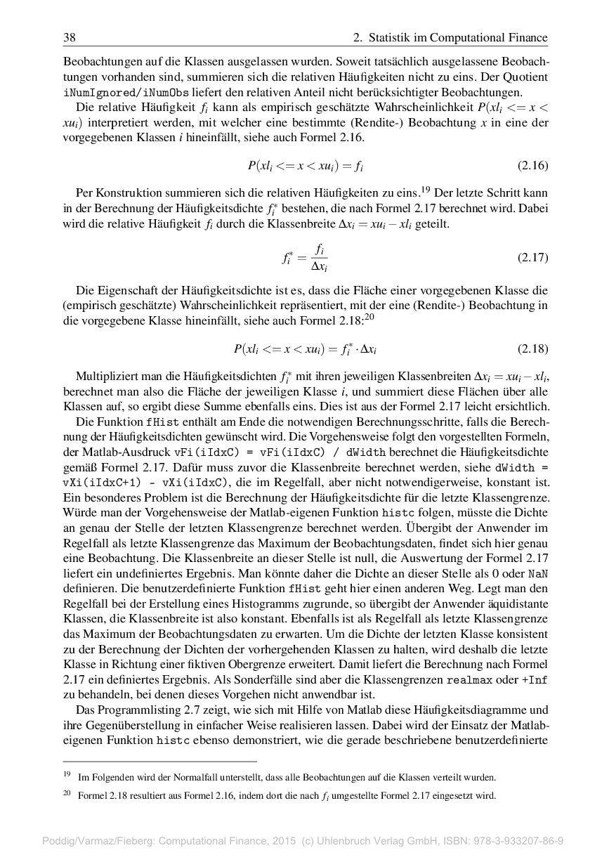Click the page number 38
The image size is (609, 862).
point(69,37)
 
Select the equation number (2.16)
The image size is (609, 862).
point(532,166)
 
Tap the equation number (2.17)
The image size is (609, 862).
point(532,258)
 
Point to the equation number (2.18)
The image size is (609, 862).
point(532,349)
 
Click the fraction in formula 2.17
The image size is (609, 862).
point(319,258)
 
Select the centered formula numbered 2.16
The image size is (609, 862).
point(305,166)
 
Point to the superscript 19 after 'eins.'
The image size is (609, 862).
point(424,188)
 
